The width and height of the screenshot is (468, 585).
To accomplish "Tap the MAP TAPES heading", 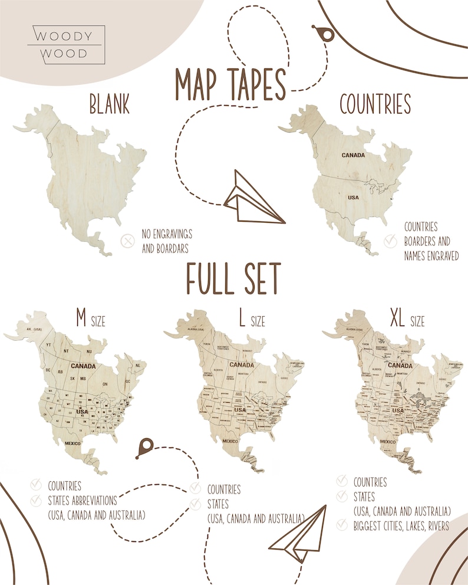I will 230,86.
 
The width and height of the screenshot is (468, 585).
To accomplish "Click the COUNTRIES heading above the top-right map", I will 375,104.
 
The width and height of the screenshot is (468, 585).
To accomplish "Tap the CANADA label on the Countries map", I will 352,156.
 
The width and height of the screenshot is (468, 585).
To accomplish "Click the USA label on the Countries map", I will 353,197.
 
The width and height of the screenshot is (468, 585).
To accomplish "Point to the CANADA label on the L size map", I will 242,364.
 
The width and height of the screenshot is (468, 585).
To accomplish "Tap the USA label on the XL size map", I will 398,409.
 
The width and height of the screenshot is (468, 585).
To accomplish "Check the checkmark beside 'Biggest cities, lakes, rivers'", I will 342,524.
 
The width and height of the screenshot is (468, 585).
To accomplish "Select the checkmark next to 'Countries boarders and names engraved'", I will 390,241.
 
